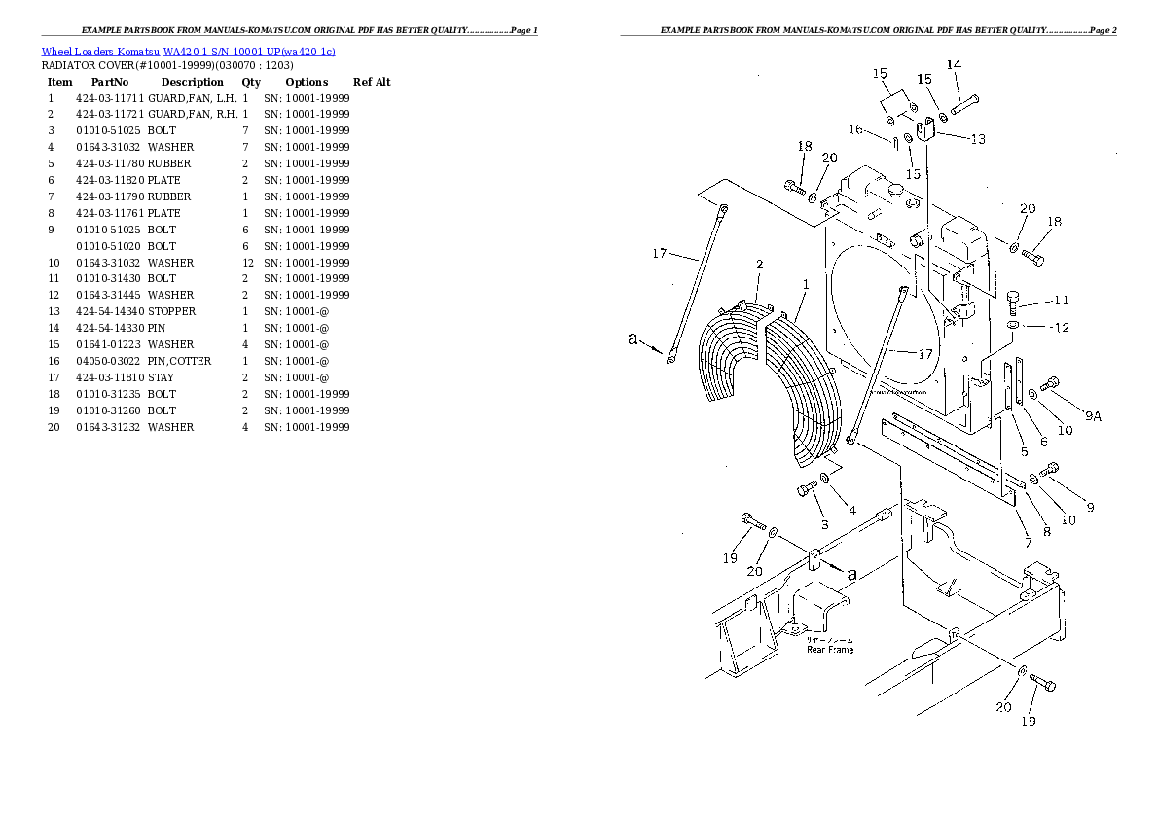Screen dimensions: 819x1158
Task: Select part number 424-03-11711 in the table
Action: pos(109,98)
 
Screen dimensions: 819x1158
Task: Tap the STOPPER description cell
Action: pos(171,311)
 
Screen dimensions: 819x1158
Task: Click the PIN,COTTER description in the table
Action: pos(179,361)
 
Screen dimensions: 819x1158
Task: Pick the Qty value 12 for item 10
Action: pos(247,263)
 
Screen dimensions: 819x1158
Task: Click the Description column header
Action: pos(192,82)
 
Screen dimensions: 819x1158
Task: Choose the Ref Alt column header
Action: pos(372,82)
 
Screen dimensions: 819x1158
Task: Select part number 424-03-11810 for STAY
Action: pos(109,377)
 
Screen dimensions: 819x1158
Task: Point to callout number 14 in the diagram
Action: pos(954,65)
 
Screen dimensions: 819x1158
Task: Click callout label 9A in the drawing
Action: pos(1093,416)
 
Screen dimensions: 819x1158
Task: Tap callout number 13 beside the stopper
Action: pos(976,139)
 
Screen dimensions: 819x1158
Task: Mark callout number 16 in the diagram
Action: pos(855,129)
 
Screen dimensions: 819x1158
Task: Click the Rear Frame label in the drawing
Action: pos(830,649)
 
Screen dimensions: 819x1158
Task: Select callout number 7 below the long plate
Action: pos(1027,543)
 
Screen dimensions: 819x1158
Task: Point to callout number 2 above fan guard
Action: pos(759,264)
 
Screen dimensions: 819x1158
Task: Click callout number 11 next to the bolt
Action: pos(1061,300)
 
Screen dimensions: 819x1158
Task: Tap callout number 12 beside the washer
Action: pos(1060,327)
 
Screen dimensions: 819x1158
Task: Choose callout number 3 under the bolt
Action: pos(824,525)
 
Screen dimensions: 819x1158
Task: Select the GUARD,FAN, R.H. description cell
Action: pos(192,115)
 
